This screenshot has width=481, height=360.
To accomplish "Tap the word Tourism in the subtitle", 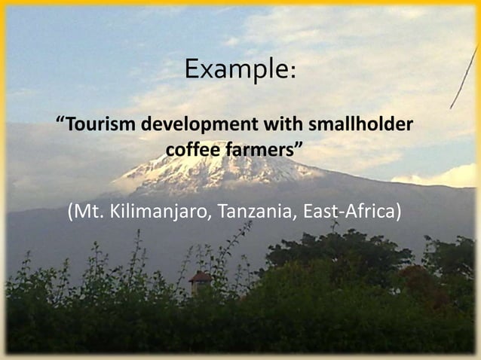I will (x=100, y=123).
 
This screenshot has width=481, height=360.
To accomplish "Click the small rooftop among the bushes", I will (x=201, y=278).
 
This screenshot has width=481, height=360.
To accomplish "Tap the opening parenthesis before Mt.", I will (x=71, y=212).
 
